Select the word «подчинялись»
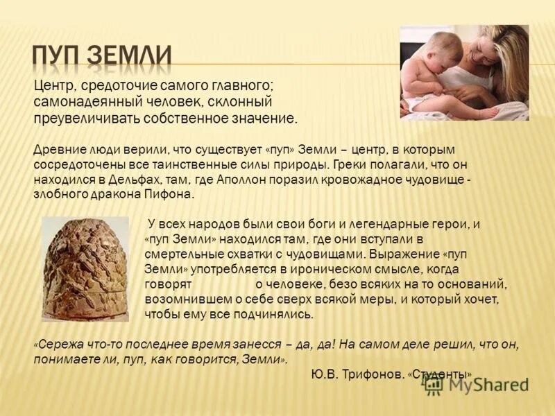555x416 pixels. (x=278, y=314)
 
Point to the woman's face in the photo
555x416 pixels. (x=487, y=52)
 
